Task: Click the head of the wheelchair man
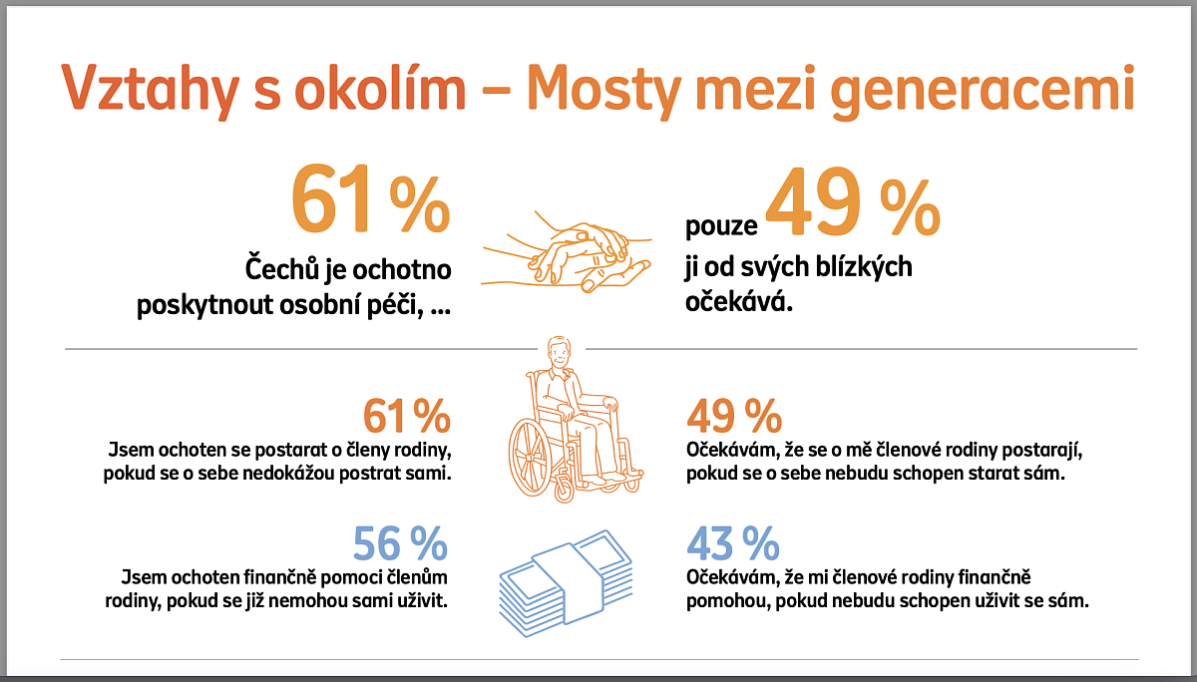(559, 354)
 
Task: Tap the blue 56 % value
(400, 544)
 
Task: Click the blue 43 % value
(733, 544)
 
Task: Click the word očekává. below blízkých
(739, 300)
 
